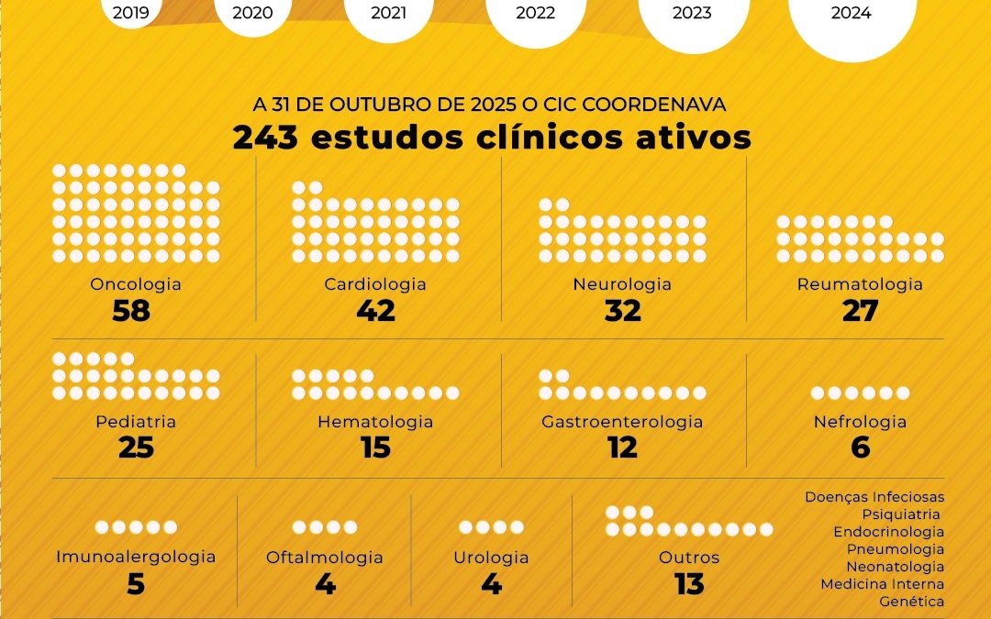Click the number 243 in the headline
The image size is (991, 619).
pyautogui.click(x=265, y=137)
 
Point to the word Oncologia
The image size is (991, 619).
pyautogui.click(x=136, y=284)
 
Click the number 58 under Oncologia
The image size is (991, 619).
pyautogui.click(x=131, y=311)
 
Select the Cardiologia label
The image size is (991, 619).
pyautogui.click(x=375, y=284)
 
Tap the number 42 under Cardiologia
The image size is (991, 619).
pyautogui.click(x=375, y=311)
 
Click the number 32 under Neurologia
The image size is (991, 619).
pyautogui.click(x=622, y=311)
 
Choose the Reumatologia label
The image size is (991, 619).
pyautogui.click(x=860, y=284)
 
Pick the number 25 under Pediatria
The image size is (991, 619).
pyautogui.click(x=136, y=448)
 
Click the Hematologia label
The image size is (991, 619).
pyautogui.click(x=375, y=423)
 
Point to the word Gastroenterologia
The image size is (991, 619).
pyautogui.click(x=622, y=423)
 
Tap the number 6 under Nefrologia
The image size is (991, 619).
pyautogui.click(x=860, y=448)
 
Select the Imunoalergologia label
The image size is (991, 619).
pyautogui.click(x=136, y=557)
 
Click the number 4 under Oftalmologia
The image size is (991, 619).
pyautogui.click(x=325, y=584)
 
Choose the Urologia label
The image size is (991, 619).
pyautogui.click(x=491, y=558)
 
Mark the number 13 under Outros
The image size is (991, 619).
pyautogui.click(x=689, y=584)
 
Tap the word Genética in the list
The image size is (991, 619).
pyautogui.click(x=911, y=602)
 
